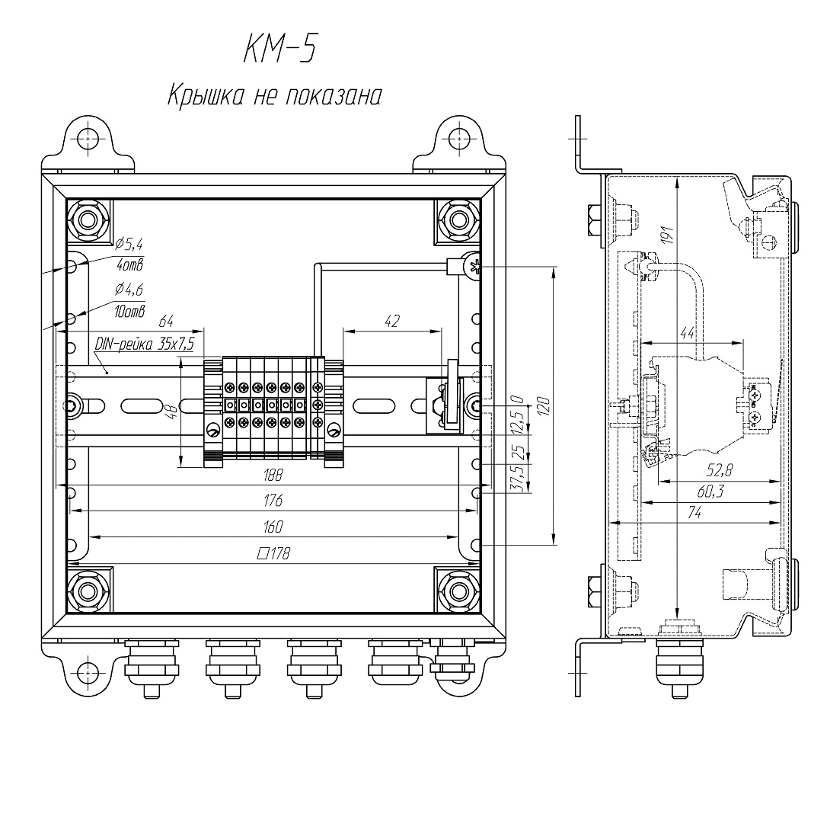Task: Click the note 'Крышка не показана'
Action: pos(273,97)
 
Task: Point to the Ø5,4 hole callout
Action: pos(129,245)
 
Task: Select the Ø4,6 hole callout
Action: pos(129,290)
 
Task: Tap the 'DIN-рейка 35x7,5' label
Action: pos(145,344)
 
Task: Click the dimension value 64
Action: pos(167,322)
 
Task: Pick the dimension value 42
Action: pos(391,322)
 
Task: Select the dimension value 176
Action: pos(273,501)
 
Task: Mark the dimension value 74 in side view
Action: pos(695,514)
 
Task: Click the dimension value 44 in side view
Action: pos(688,332)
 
